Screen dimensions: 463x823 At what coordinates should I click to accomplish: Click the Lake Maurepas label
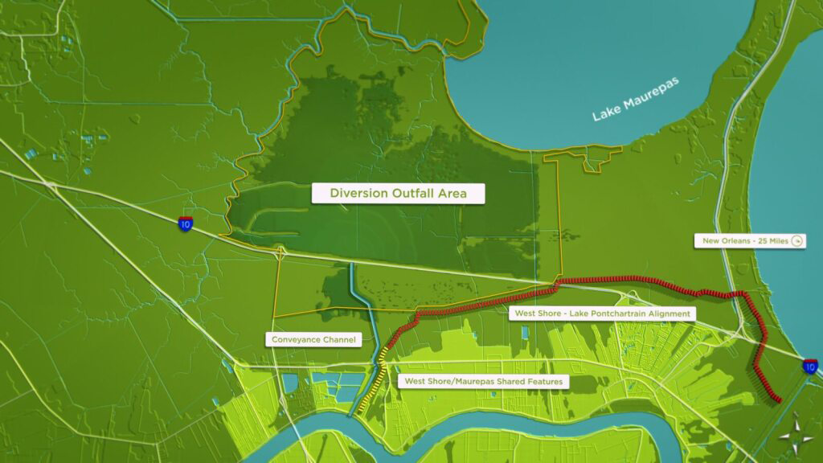636,99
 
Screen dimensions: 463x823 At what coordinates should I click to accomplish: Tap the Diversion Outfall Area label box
398,193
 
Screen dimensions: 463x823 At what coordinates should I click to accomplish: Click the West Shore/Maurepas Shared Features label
484,381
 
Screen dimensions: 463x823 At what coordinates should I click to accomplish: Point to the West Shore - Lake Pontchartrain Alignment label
600,313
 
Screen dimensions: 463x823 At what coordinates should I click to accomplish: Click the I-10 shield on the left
186,223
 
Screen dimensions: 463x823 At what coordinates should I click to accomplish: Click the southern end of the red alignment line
777,399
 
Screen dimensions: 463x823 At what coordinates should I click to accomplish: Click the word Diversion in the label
359,193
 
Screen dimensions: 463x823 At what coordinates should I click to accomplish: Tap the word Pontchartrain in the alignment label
622,313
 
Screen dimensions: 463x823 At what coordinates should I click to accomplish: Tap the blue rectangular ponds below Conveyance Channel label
330,382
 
